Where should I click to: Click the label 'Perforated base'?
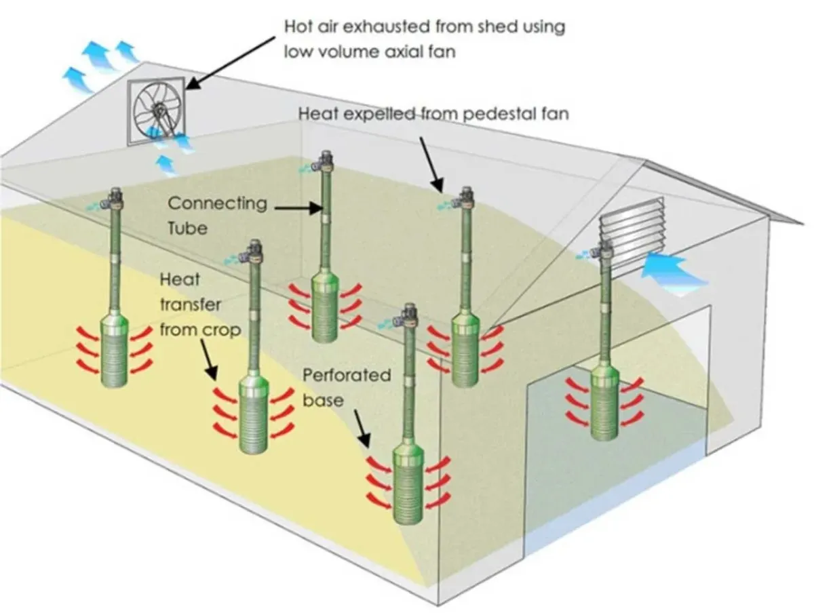346,387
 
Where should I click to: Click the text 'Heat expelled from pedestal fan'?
433,114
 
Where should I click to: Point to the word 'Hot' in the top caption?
299,28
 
